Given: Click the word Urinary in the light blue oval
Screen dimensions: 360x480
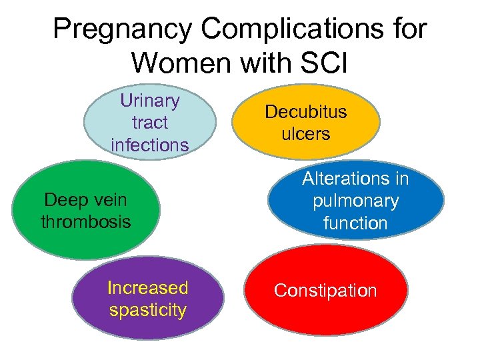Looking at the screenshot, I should [150, 101].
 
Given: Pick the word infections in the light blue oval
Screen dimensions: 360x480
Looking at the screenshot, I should [150, 145].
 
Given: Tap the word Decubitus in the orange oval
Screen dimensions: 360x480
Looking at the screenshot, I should [306, 111].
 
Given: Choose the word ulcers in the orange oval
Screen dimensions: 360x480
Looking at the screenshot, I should [306, 133].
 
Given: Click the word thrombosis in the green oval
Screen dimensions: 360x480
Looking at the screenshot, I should [86, 221].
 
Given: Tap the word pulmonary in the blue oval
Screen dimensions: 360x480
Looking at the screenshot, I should [355, 201].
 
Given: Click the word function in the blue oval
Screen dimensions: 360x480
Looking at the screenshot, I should [355, 223].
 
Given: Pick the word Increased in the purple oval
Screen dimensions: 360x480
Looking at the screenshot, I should [148, 288].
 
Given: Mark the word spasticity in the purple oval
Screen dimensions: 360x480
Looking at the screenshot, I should [148, 310].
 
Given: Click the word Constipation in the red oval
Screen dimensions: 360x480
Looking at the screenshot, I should [325, 291].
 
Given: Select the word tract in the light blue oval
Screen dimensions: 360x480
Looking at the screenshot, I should [150, 123].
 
